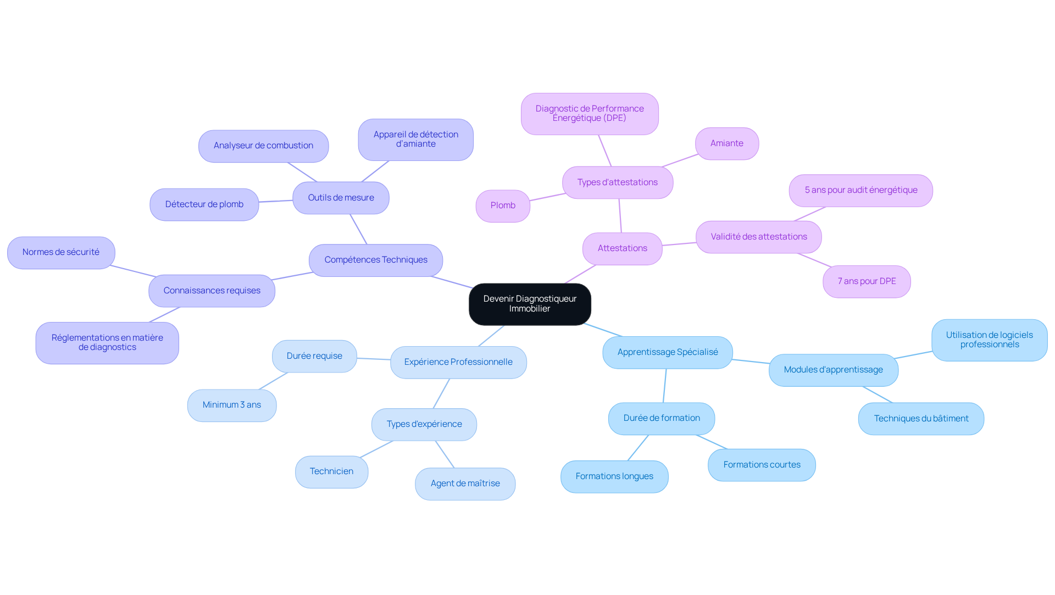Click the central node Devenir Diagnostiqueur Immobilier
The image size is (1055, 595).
pyautogui.click(x=530, y=304)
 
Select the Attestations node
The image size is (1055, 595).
pyautogui.click(x=622, y=248)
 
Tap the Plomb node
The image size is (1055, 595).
pyautogui.click(x=503, y=205)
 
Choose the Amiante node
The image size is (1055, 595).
pyautogui.click(x=726, y=143)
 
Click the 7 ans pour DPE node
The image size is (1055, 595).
pyautogui.click(x=867, y=281)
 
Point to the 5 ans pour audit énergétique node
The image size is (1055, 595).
pyautogui.click(x=860, y=190)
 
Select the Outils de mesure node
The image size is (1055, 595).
pyautogui.click(x=341, y=198)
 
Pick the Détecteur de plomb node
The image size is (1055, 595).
pyautogui.click(x=204, y=204)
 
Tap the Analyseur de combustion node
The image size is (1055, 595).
pyautogui.click(x=263, y=146)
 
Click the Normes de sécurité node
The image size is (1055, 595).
pyautogui.click(x=61, y=252)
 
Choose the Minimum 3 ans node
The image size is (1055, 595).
pyautogui.click(x=231, y=405)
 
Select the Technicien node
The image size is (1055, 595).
pyautogui.click(x=331, y=471)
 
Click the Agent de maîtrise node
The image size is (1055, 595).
pyautogui.click(x=465, y=483)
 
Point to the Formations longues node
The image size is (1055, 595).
pyautogui.click(x=614, y=476)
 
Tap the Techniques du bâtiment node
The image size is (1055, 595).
pyautogui.click(x=921, y=419)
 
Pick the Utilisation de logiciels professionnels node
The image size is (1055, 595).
pyautogui.click(x=989, y=340)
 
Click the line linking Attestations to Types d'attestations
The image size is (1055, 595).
pyautogui.click(x=620, y=215)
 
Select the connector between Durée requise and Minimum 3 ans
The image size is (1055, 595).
pyautogui.click(x=273, y=381)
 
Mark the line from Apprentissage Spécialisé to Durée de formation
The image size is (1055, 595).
pyautogui.click(x=665, y=385)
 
